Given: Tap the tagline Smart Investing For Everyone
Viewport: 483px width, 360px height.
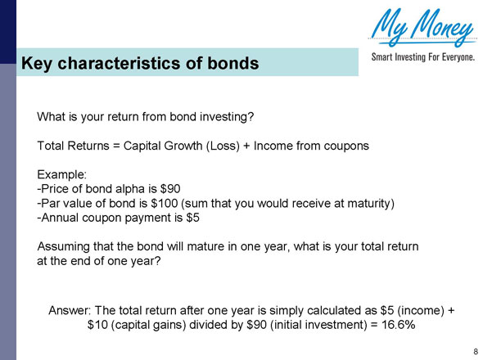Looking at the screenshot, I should point(422,58).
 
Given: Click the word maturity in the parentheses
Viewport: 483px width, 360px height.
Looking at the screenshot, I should point(363,204).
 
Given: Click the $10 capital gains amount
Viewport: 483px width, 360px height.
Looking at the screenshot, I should point(99,325).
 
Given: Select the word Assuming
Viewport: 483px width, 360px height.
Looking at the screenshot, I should point(67,246).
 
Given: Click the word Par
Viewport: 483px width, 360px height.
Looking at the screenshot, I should point(52,204).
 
